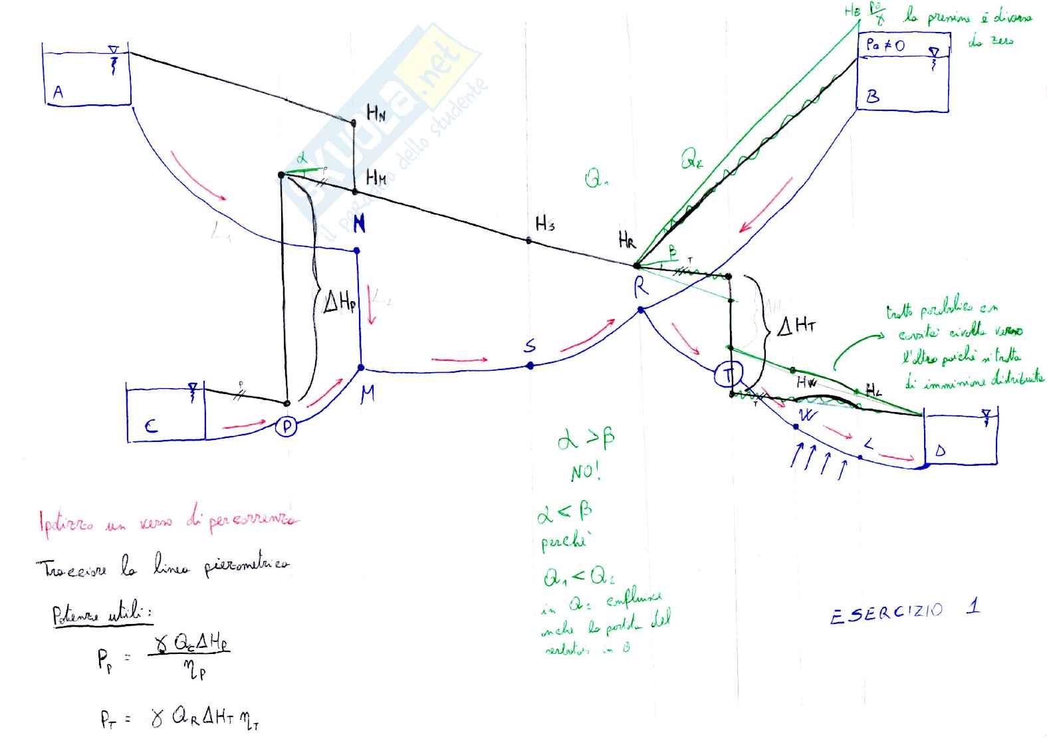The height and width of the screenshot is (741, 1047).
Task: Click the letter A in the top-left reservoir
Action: click(58, 92)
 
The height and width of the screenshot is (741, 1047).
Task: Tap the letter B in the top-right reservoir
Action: click(873, 97)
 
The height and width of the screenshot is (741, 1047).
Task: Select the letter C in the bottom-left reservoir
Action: click(152, 425)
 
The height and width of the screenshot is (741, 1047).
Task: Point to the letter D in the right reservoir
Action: click(940, 451)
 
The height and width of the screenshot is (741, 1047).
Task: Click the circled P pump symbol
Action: click(287, 426)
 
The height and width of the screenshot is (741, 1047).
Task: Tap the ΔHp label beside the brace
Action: click(340, 303)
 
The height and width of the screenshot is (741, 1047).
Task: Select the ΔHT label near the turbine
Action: click(796, 326)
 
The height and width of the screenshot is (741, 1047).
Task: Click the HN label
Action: click(376, 114)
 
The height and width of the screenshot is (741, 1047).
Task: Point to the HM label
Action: click(376, 177)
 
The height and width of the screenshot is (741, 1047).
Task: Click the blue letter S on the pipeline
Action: click(530, 346)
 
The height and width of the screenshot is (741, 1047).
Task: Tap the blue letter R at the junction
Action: click(641, 288)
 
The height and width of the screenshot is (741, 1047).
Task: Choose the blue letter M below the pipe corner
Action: click(368, 393)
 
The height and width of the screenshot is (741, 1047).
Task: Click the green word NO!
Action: click(585, 473)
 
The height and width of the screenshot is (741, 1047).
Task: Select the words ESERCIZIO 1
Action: click(903, 611)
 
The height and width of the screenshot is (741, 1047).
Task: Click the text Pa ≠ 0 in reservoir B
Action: click(885, 45)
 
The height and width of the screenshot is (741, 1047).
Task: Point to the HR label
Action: click(627, 240)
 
